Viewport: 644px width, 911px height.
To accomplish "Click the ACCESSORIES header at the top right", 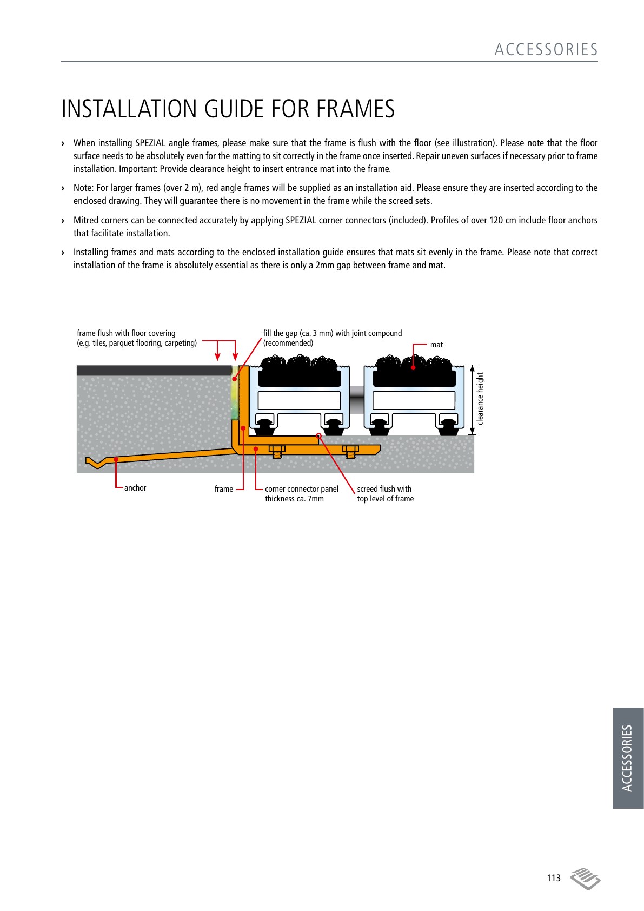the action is [x=546, y=50].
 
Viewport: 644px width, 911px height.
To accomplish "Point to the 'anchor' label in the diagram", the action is [x=135, y=487].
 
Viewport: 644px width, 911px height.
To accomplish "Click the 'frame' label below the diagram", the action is [x=224, y=489].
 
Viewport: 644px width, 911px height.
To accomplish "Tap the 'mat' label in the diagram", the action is [x=436, y=345].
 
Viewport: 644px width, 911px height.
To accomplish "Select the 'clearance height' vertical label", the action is [x=480, y=399].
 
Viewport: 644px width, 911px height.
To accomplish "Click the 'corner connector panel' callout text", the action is [x=302, y=489].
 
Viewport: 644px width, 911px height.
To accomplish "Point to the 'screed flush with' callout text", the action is [x=384, y=489].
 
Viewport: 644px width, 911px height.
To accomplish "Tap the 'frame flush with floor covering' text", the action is [x=126, y=333].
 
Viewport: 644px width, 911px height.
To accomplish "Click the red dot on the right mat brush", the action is [x=413, y=368].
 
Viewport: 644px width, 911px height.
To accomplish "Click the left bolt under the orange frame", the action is [x=277, y=451].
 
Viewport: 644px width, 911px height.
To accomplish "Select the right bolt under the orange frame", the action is [x=350, y=451].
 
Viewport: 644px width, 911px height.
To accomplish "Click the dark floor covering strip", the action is [x=154, y=370].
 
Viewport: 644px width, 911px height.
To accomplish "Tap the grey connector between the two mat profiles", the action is [x=356, y=399].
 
